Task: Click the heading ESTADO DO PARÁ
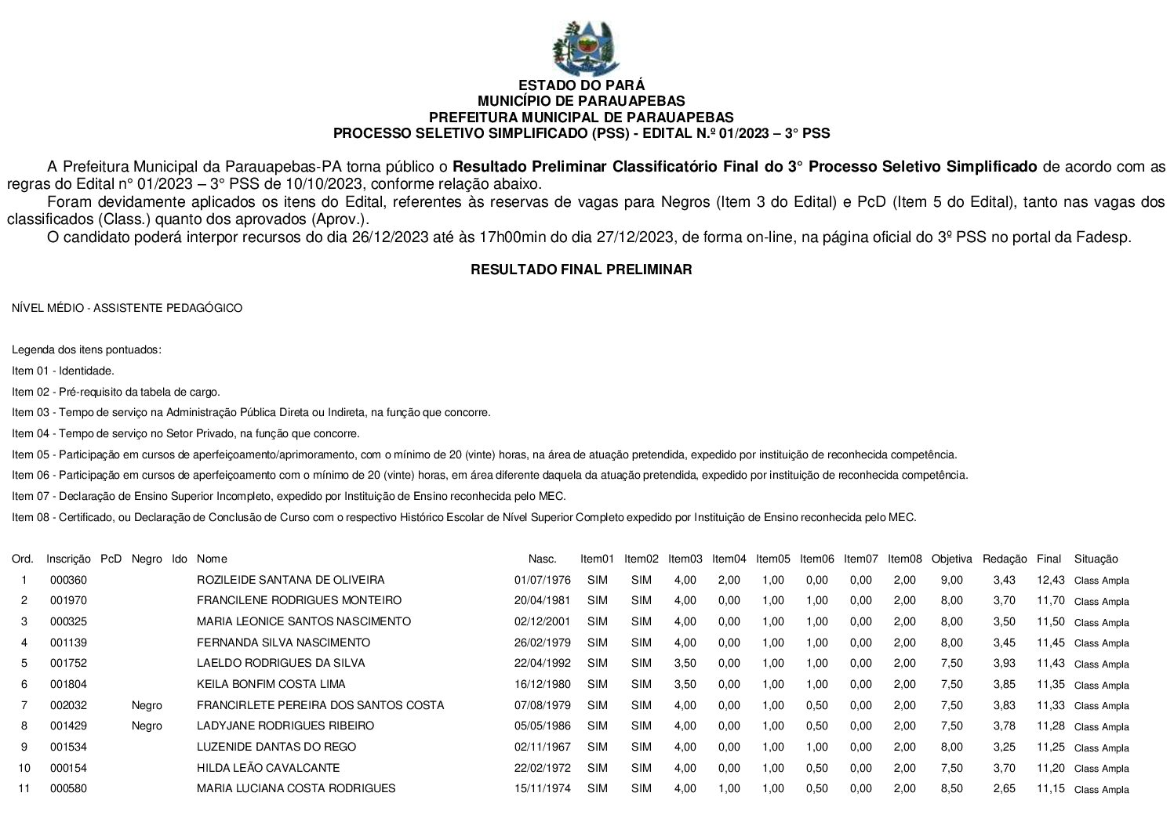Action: click(581, 85)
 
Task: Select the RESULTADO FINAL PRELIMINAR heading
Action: click(581, 270)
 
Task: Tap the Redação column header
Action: click(1004, 559)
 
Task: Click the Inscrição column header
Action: click(68, 559)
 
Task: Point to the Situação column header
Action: click(1096, 559)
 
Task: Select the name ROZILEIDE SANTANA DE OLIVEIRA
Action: click(290, 580)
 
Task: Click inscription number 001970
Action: click(68, 600)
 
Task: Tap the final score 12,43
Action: click(1050, 580)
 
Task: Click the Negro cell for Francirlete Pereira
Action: click(147, 705)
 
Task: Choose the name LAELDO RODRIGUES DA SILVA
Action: click(281, 663)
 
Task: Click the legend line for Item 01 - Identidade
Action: click(64, 371)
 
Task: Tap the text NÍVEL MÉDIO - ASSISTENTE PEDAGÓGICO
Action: click(127, 308)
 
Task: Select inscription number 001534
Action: click(68, 747)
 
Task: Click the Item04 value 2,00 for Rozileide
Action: click(729, 580)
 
